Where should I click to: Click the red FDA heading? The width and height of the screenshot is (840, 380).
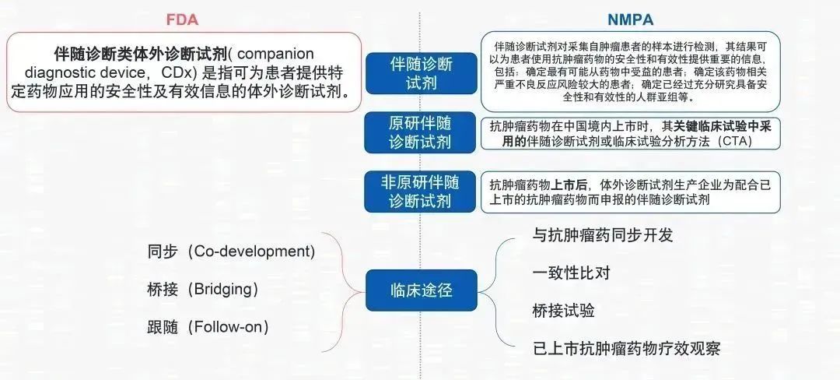(183, 19)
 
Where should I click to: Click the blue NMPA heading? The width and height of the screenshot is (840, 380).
(631, 19)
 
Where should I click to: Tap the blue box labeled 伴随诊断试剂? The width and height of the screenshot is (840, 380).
(421, 73)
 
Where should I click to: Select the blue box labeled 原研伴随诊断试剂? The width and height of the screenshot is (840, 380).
(420, 132)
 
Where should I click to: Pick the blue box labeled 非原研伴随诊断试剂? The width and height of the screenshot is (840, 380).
(420, 192)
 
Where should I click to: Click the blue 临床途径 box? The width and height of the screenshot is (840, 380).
(421, 290)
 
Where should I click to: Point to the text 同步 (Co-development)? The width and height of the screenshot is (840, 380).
(232, 252)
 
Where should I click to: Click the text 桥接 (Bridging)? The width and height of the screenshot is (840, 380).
(203, 290)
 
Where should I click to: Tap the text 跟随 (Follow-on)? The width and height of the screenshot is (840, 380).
(208, 327)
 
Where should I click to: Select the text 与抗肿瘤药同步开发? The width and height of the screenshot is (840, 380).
(603, 234)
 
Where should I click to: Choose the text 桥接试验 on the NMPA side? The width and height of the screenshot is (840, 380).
(564, 311)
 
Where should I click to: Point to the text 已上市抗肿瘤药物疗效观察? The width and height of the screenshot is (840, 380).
(626, 348)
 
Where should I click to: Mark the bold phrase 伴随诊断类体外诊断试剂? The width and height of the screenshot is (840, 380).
(141, 55)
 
